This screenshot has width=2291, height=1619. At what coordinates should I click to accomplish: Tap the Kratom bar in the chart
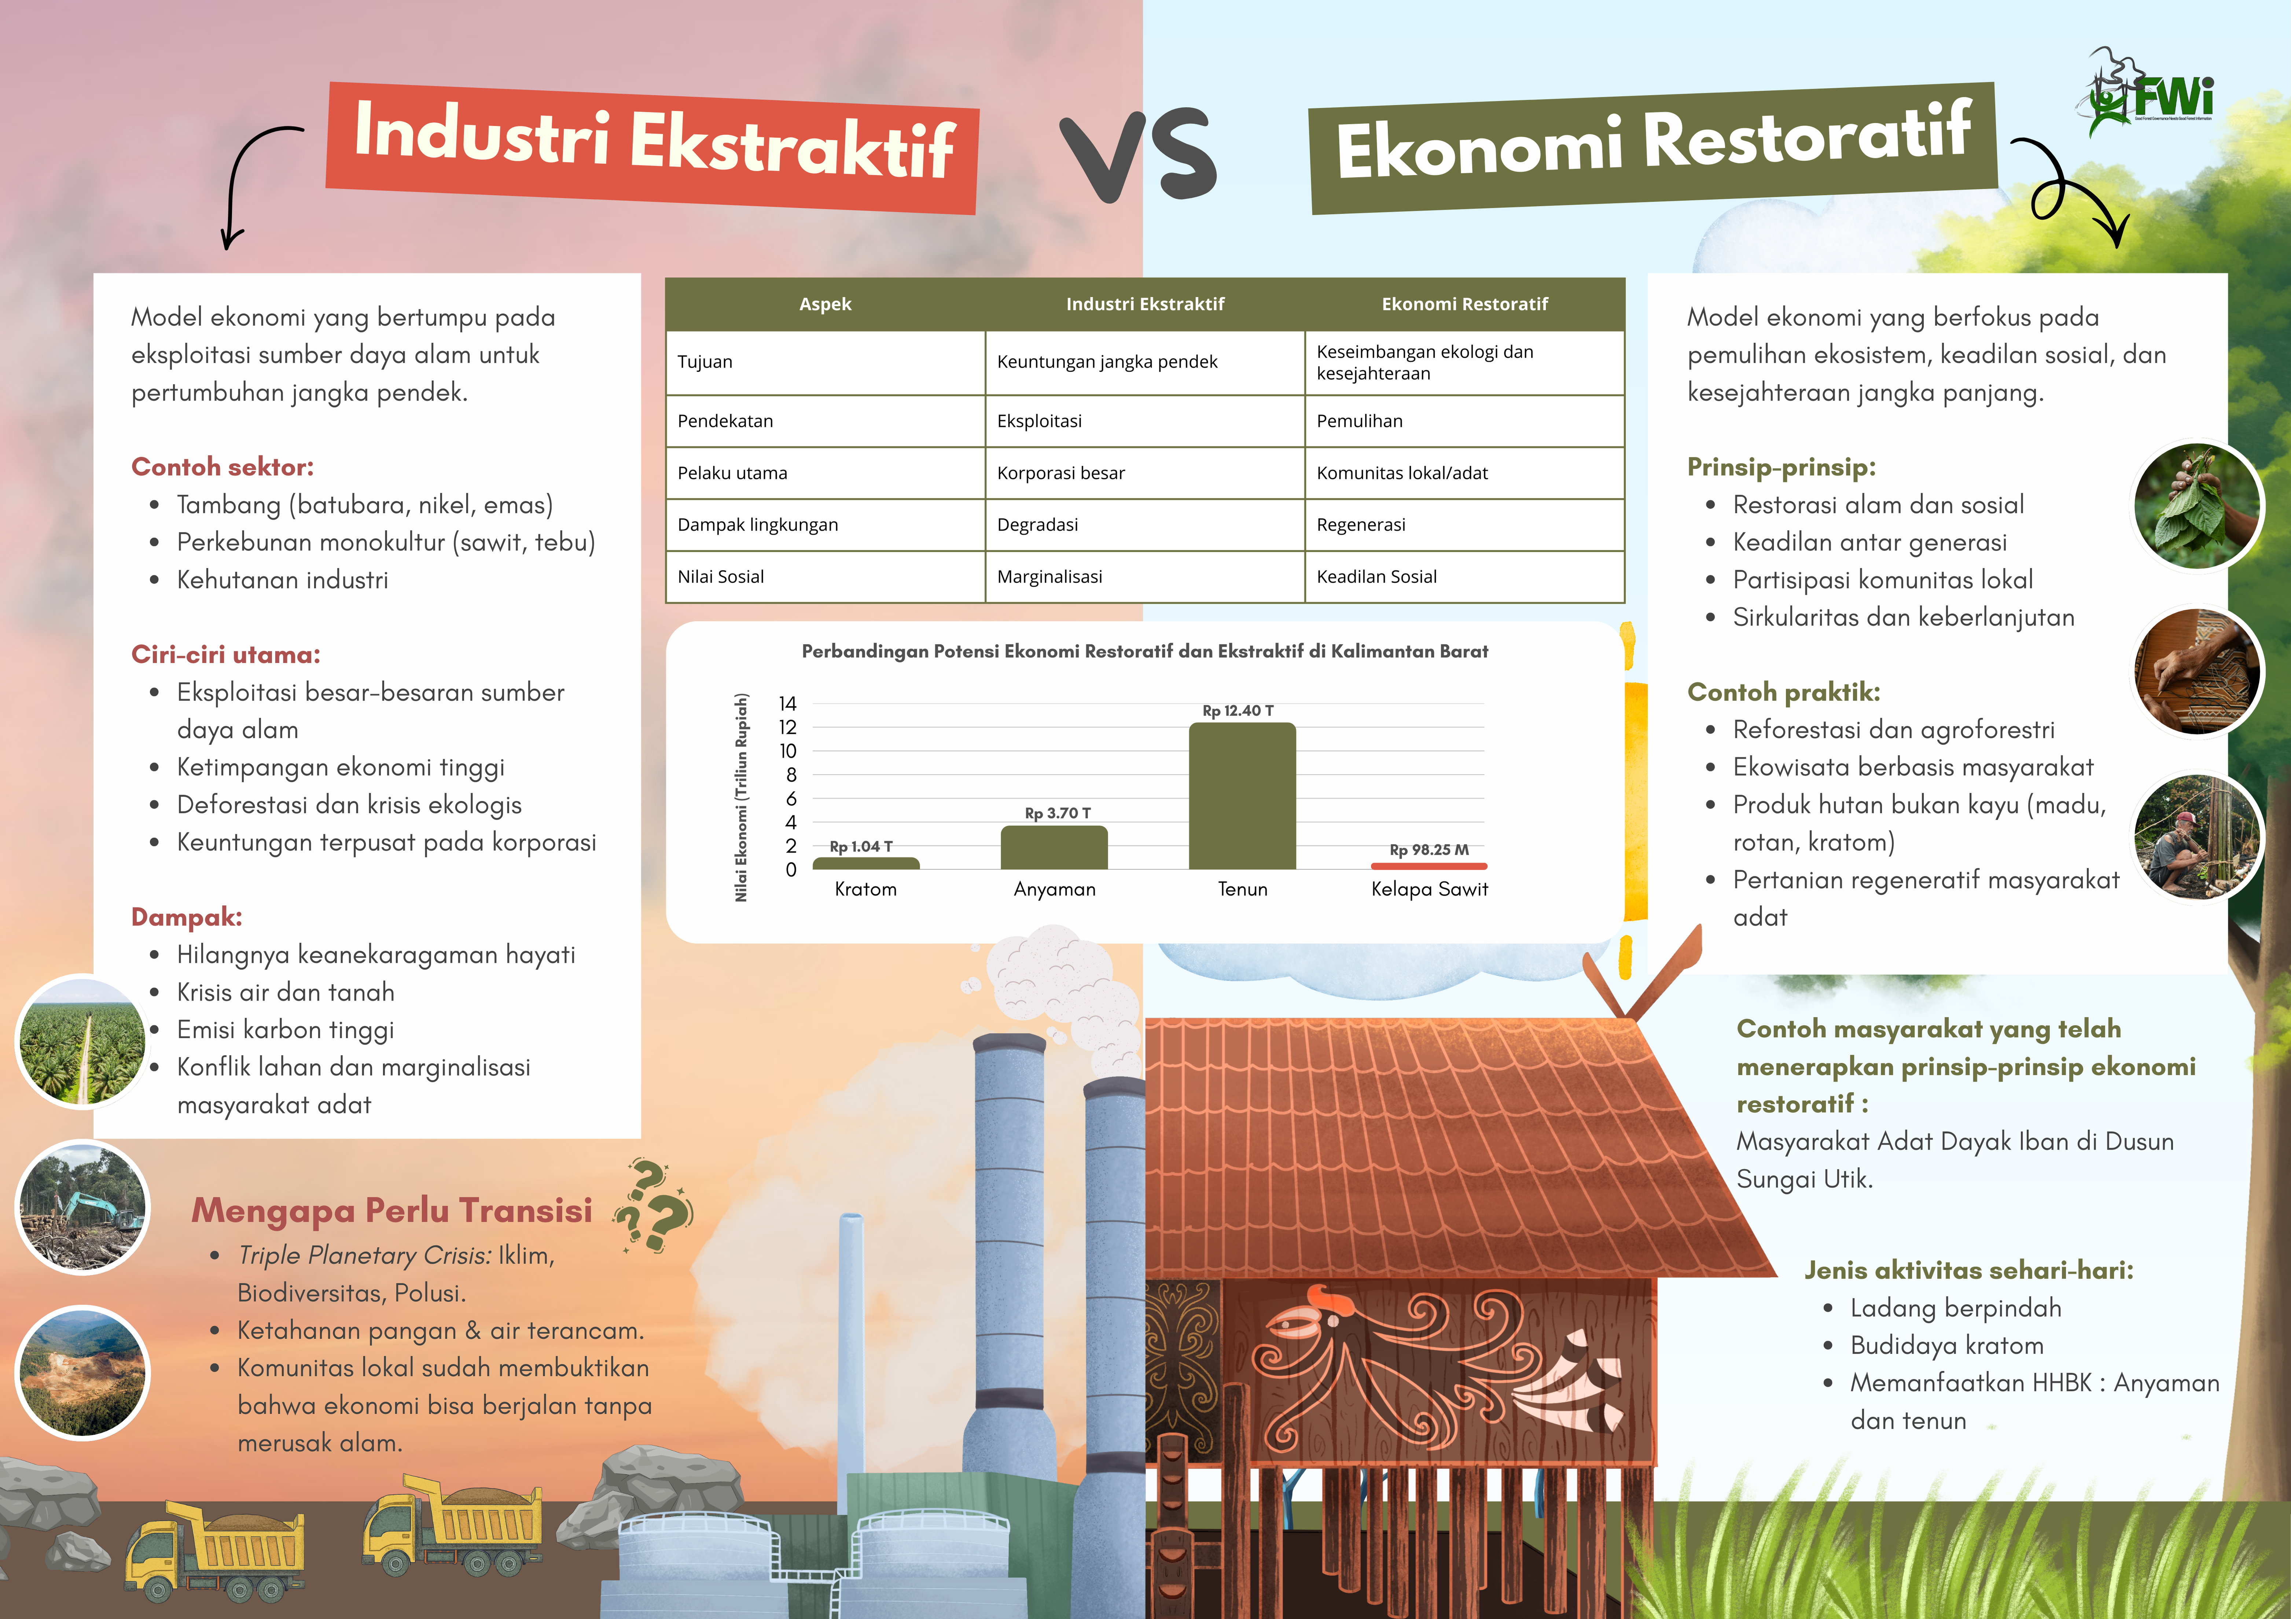(866, 863)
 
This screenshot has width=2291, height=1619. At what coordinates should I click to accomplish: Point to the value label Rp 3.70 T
(1058, 813)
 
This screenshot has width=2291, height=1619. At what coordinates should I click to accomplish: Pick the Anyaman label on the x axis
(1055, 889)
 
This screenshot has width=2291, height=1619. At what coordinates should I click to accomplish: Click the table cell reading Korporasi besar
(1061, 473)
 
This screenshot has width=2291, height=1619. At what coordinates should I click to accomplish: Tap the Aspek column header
(825, 304)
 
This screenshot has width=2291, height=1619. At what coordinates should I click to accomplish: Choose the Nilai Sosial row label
(720, 577)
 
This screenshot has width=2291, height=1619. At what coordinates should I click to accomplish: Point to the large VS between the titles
(1139, 155)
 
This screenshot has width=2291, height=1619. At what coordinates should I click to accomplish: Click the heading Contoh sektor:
(223, 467)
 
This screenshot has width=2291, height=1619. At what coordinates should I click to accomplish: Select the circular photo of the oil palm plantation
(83, 1040)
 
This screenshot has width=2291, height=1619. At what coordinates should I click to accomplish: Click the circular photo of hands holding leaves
(2197, 507)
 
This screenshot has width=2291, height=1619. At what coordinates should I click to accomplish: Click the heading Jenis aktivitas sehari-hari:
(1969, 1270)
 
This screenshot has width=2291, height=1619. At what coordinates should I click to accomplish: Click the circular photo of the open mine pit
(83, 1372)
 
